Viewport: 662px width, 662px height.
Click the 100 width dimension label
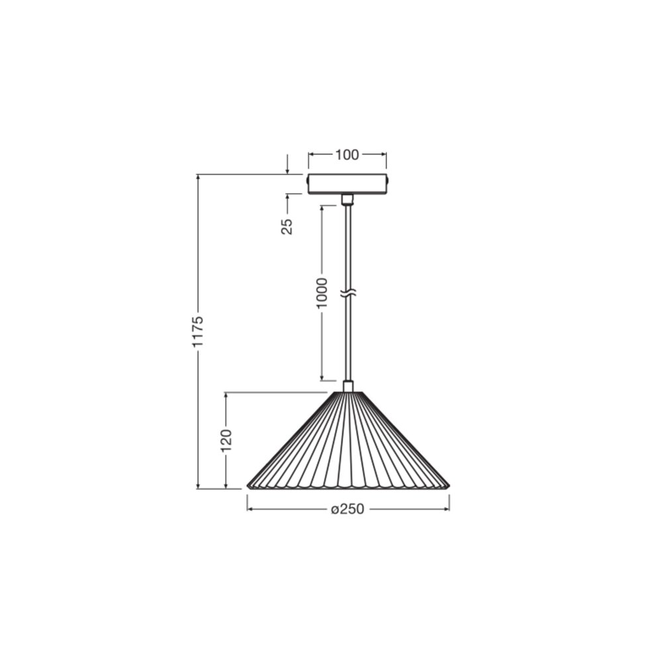[347, 155]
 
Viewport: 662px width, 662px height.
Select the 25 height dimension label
[287, 226]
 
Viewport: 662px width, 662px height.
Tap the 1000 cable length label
[322, 293]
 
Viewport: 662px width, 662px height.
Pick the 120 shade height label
[226, 440]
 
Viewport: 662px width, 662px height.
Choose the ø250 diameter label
[348, 509]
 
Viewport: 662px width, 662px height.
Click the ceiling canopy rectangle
[347, 184]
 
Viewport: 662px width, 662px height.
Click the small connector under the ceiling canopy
[348, 200]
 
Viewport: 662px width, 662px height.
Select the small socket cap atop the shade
[348, 387]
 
